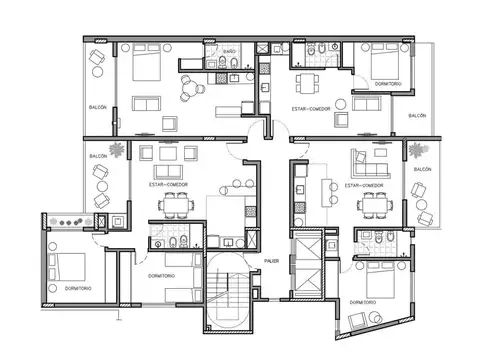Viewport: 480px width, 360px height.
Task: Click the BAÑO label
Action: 229,50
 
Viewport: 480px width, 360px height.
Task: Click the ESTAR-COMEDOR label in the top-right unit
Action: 311,107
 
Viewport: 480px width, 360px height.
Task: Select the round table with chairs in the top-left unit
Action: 189,92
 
